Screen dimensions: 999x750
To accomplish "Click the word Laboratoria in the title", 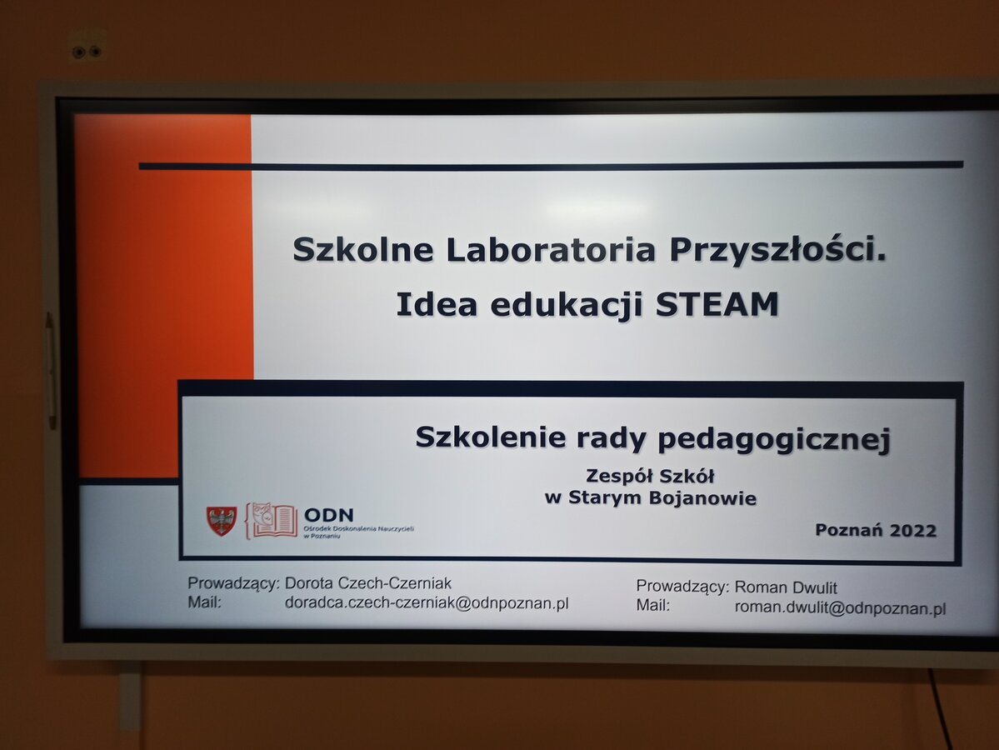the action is click(x=551, y=249).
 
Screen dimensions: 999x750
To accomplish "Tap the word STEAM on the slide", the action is click(x=717, y=304).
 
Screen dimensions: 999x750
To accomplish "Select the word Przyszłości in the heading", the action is click(x=777, y=249).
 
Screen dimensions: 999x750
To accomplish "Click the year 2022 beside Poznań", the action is click(x=913, y=530).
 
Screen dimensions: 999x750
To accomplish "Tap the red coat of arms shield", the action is click(x=221, y=521).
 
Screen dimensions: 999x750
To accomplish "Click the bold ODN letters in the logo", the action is click(x=329, y=515).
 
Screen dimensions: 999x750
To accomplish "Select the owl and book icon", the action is click(x=272, y=521).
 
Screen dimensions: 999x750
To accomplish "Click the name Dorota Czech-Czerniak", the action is click(x=367, y=583).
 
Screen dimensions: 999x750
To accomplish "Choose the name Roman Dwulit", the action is click(x=786, y=587).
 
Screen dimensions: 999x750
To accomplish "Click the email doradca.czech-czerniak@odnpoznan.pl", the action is click(x=427, y=603).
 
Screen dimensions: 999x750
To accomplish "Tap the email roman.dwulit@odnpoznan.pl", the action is click(x=840, y=608).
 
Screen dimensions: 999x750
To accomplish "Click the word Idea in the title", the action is click(x=437, y=304).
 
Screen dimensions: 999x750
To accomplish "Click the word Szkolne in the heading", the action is click(x=363, y=249).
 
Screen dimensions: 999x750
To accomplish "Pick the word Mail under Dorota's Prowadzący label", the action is click(x=204, y=602).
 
